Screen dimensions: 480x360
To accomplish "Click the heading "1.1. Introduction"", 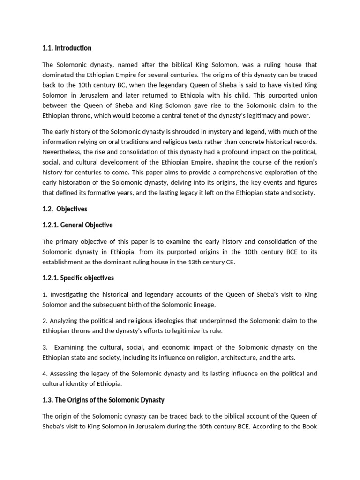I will tap(67, 48).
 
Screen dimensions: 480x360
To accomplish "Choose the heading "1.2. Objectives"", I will tap(65, 209).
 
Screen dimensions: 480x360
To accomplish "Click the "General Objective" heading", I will tap(77, 225).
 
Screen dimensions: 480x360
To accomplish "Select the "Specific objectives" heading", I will tap(78, 278).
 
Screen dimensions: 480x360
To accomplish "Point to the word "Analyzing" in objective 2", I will tap(65, 321).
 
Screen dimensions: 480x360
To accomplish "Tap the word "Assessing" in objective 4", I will tap(65, 374).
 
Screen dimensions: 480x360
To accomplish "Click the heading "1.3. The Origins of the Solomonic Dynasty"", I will tap(103, 400).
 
